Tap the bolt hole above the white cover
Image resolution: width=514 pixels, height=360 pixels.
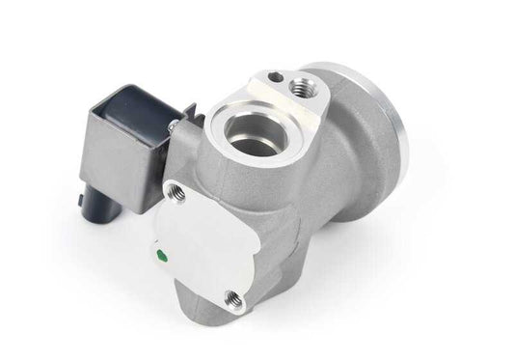coord(176,193)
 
